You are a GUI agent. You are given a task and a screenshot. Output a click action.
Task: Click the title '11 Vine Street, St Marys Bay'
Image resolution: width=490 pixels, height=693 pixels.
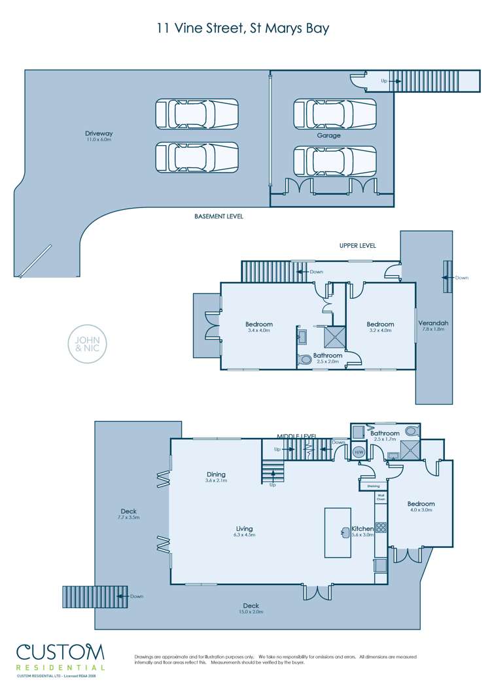[243, 28]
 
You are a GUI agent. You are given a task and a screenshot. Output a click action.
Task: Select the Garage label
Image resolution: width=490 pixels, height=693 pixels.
[328, 135]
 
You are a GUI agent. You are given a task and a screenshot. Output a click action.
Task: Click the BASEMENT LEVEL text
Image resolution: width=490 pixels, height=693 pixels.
[219, 216]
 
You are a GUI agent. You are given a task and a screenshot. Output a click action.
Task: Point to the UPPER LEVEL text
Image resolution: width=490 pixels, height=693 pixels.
[357, 245]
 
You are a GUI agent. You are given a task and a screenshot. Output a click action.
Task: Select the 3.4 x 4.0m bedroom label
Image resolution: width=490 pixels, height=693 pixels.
[258, 327]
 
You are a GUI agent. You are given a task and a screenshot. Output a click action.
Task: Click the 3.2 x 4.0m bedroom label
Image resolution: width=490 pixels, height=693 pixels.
[380, 327]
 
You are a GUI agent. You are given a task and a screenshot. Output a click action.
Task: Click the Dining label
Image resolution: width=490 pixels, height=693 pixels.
[216, 477]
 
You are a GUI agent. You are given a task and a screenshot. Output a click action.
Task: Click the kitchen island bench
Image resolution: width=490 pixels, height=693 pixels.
[338, 532]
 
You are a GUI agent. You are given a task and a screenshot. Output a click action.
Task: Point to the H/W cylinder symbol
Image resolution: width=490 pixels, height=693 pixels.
[359, 452]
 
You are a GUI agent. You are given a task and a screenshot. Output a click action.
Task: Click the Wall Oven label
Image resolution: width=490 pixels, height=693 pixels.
[380, 498]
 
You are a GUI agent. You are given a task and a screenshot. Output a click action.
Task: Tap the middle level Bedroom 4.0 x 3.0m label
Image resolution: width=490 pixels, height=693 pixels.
[421, 507]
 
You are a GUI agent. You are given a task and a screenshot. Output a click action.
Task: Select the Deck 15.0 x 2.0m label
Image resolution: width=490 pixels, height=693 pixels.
[251, 608]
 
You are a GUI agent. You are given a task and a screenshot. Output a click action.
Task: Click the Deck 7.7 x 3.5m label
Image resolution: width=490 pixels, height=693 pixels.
[128, 514]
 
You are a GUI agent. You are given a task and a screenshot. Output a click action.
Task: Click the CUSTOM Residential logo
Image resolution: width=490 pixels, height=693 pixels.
[60, 656]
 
